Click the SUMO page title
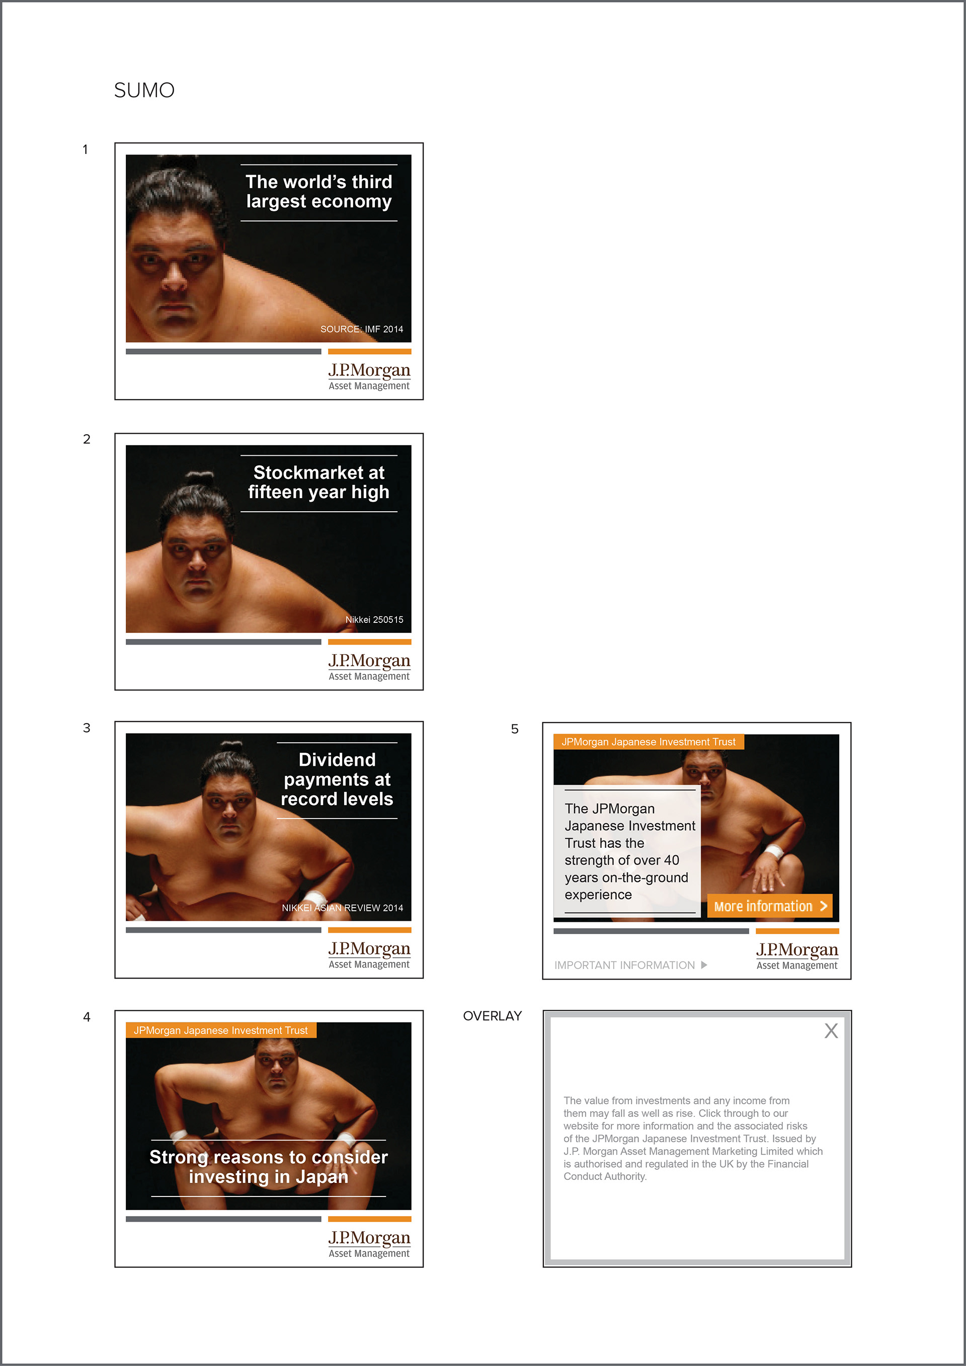(144, 91)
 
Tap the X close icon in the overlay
(831, 1030)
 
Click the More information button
(770, 906)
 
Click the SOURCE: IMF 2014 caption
(362, 329)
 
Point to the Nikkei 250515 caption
(374, 619)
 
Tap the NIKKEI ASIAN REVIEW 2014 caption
(343, 908)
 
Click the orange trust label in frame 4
(221, 1030)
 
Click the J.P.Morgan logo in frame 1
(369, 376)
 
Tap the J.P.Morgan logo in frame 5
(797, 955)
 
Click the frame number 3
(87, 728)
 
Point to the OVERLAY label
(493, 1016)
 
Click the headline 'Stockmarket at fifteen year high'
(319, 482)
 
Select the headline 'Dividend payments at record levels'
(337, 779)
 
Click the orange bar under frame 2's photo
(369, 642)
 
